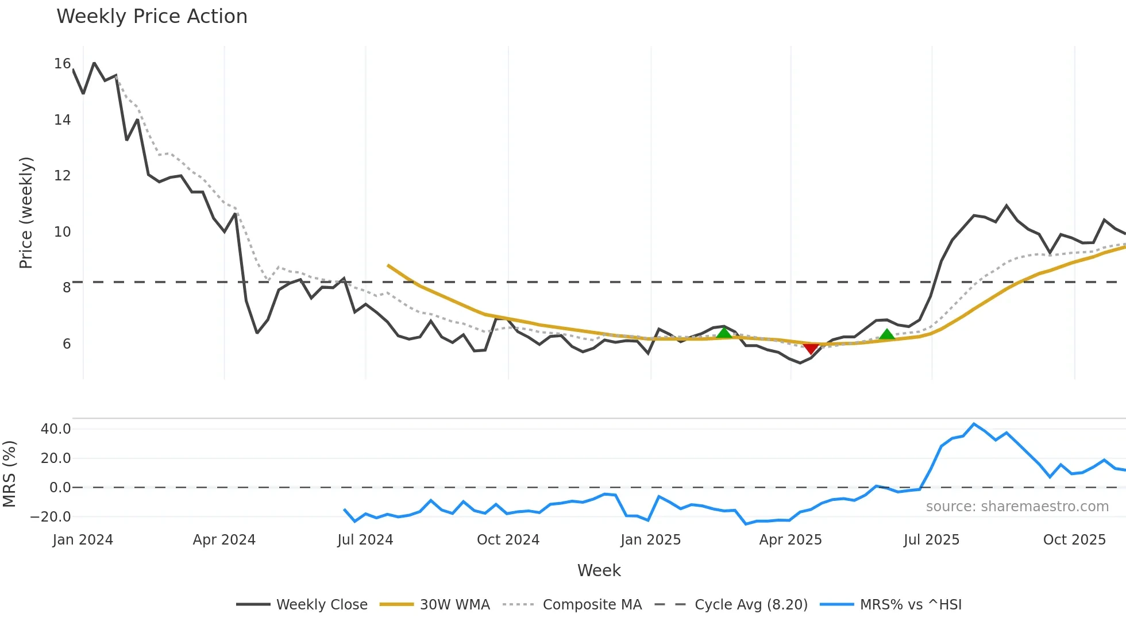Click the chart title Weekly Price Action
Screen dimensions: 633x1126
(x=152, y=17)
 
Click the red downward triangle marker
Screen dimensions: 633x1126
(x=811, y=348)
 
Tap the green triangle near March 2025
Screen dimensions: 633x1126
(x=724, y=333)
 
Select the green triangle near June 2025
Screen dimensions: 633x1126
(x=887, y=334)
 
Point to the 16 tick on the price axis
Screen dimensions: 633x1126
(x=62, y=64)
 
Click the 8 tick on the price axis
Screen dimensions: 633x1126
(x=67, y=287)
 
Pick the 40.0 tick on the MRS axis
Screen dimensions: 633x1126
(x=56, y=429)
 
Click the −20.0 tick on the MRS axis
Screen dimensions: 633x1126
(x=51, y=516)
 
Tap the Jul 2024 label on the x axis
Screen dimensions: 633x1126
(x=365, y=540)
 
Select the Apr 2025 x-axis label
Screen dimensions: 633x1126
(x=790, y=540)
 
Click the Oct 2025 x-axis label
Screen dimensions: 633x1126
(x=1074, y=540)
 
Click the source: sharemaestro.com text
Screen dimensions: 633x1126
(x=1017, y=507)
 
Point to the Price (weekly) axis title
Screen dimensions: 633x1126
(x=26, y=213)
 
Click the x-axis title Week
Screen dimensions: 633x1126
(x=599, y=570)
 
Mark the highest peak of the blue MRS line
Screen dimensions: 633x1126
(x=974, y=424)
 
